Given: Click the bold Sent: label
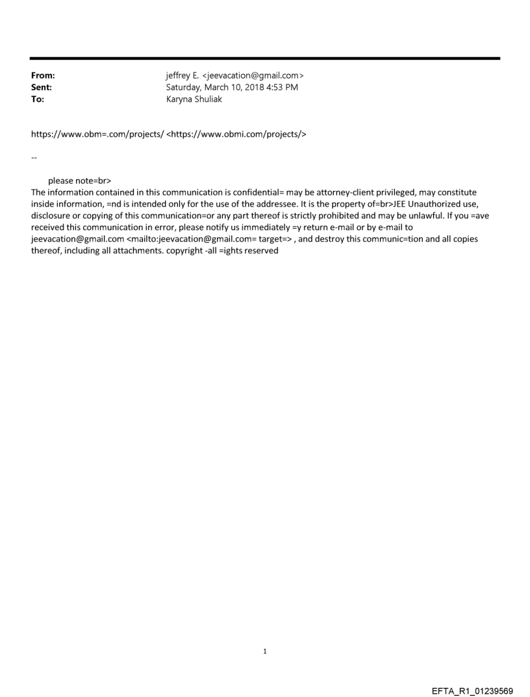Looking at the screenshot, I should click(42, 88).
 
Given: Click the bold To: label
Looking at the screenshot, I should click(38, 99).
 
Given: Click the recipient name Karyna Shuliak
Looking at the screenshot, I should click(194, 99).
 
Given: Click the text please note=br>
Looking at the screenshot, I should click(75, 181).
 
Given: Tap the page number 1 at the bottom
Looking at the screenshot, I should click(265, 652).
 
